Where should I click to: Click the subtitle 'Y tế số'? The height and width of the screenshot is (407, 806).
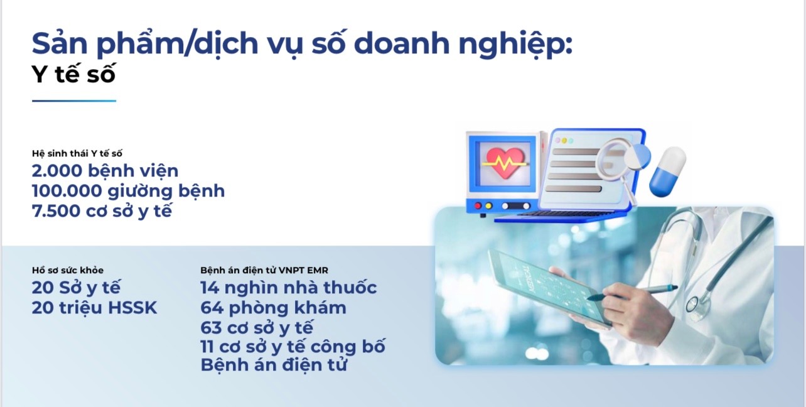coord(73,75)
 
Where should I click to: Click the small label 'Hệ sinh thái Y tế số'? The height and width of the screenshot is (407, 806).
coord(77,153)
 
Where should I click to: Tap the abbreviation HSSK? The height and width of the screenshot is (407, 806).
coord(132,308)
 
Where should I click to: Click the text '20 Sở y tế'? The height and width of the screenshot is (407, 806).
coord(76,288)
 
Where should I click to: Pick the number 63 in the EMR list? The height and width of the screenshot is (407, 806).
coord(212,327)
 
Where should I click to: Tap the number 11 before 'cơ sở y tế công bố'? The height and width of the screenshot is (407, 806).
coord(209,346)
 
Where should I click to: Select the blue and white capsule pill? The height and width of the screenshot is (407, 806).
coord(667,171)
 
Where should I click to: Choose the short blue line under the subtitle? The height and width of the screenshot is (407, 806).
coord(74,100)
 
